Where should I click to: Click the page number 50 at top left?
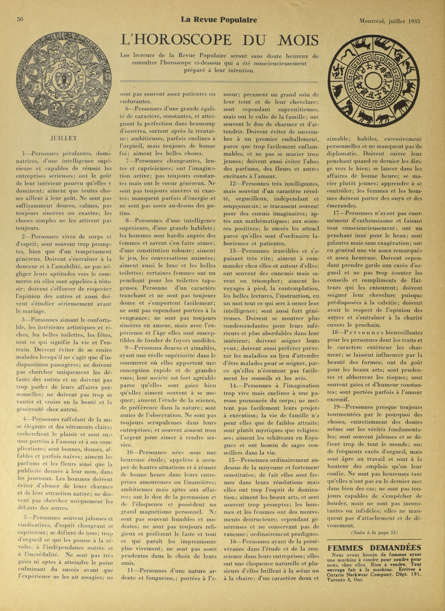click(19, 19)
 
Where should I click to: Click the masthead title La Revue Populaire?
click(219, 20)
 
